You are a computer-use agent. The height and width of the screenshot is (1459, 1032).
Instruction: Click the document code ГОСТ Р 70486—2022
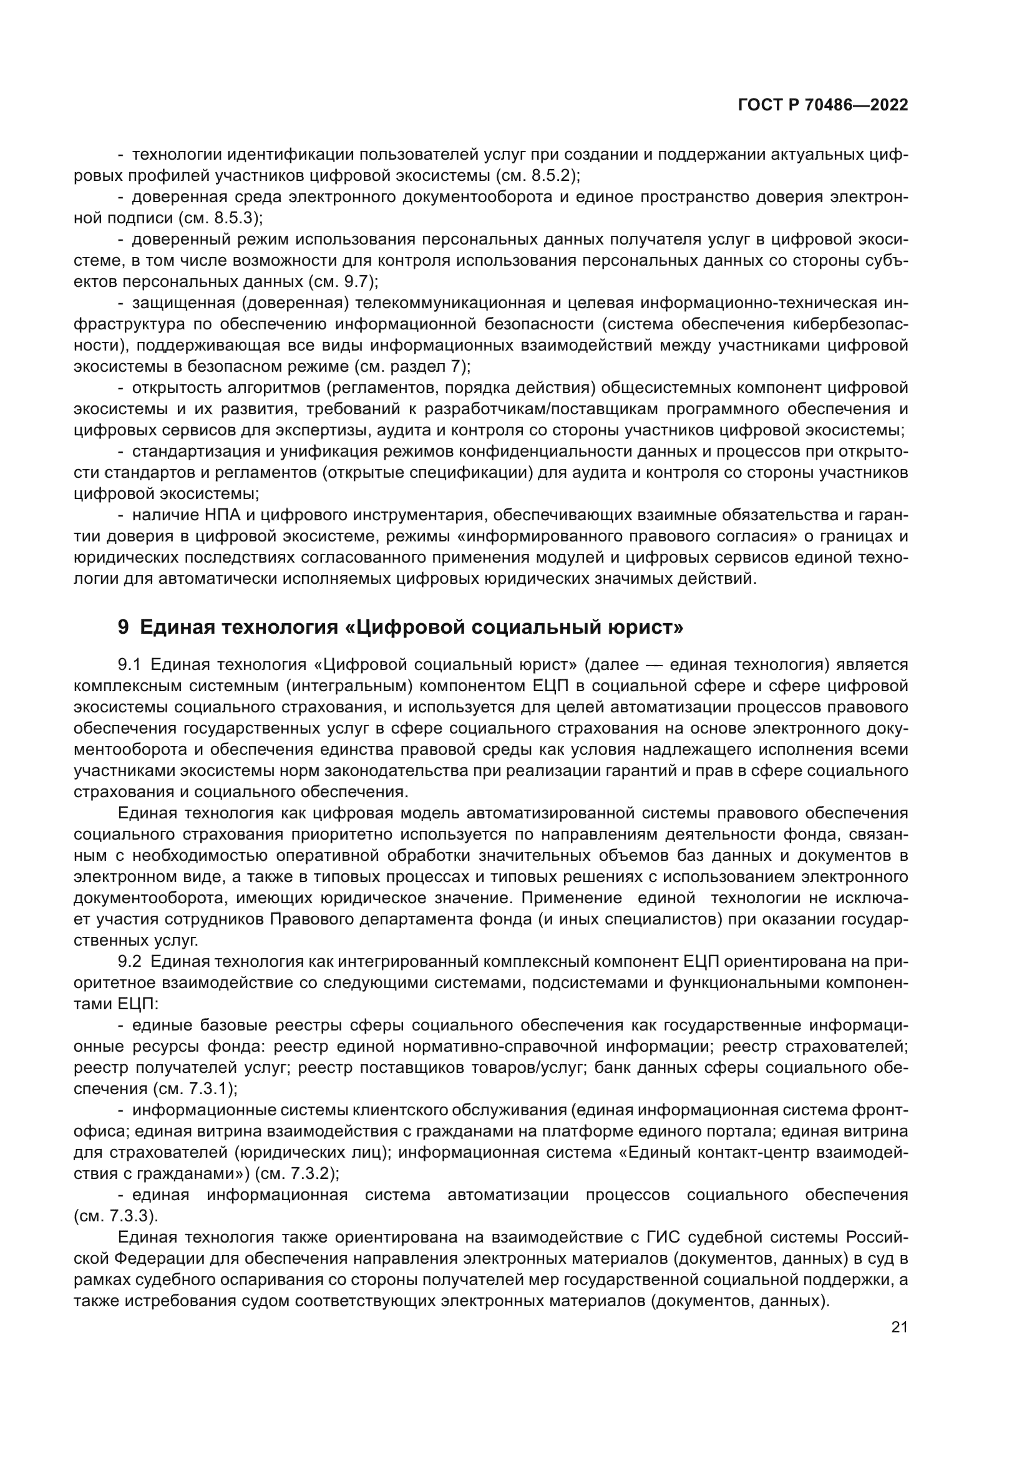click(823, 105)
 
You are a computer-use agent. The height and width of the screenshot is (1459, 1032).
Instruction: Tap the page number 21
click(899, 1327)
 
